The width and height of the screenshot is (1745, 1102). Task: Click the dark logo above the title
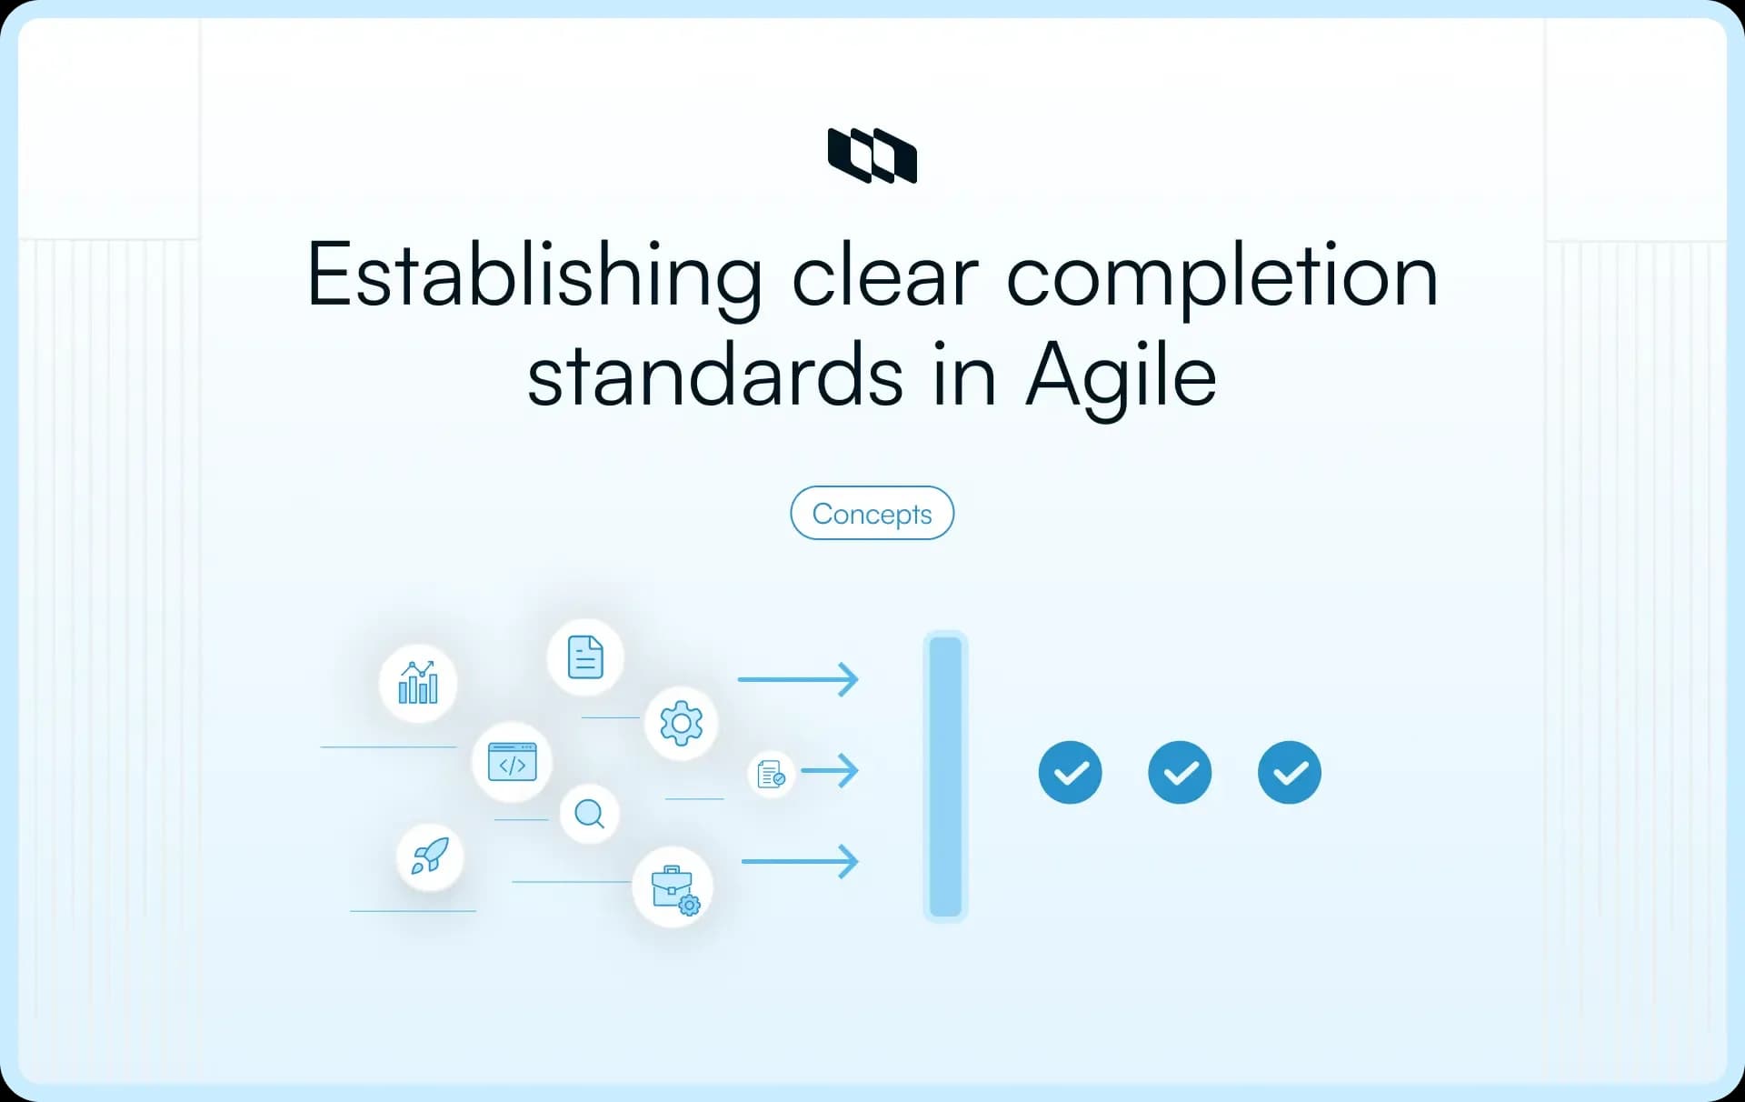click(x=872, y=155)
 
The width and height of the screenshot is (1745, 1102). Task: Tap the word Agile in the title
click(x=1121, y=376)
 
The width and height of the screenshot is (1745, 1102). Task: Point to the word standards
click(x=715, y=376)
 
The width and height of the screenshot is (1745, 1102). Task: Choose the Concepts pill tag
click(x=872, y=514)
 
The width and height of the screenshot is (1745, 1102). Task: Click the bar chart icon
click(x=418, y=683)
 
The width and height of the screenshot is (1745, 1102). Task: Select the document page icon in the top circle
click(x=585, y=656)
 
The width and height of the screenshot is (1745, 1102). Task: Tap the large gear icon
click(x=681, y=723)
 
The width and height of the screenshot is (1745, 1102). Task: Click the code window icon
click(x=513, y=762)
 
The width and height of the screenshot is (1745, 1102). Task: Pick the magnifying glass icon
click(x=590, y=813)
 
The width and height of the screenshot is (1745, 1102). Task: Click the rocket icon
click(x=430, y=857)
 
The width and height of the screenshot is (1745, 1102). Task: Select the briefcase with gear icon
click(x=673, y=887)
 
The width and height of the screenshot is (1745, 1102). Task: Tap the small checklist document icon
click(x=771, y=774)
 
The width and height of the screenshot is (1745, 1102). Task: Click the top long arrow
click(x=797, y=679)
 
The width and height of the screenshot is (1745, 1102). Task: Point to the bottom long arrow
click(x=799, y=861)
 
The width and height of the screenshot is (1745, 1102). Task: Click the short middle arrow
click(x=829, y=771)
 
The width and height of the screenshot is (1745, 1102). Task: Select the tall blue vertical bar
click(x=945, y=776)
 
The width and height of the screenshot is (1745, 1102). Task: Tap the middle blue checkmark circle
click(x=1180, y=773)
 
